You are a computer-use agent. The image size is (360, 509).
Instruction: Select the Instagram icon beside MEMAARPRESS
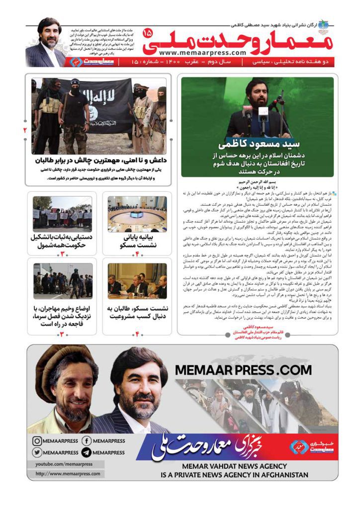pos(37,441)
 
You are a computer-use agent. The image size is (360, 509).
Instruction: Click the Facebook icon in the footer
pos(86,441)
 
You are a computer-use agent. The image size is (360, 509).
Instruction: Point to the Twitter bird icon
pos(37,452)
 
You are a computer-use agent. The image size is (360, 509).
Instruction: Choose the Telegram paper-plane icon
pos(86,452)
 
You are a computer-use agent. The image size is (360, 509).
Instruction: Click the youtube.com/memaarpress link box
pos(64,464)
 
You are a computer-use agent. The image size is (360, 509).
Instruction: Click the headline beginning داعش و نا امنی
pos(102,161)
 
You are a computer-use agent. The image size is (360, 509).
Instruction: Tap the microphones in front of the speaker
pos(259,114)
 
